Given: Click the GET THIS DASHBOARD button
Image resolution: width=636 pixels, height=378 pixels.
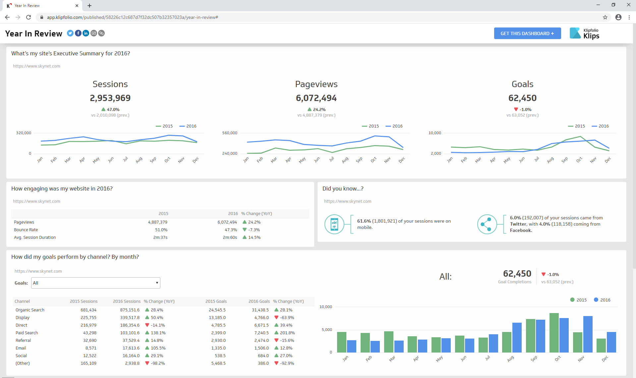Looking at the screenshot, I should click(x=527, y=33).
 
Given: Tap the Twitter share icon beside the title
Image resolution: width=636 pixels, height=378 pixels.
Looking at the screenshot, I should click(x=70, y=33).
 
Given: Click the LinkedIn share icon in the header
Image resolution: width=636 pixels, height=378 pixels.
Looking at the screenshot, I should click(x=86, y=33).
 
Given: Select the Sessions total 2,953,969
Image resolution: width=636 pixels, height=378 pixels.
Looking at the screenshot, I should click(x=110, y=98).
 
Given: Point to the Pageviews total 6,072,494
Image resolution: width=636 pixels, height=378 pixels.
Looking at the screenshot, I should click(x=316, y=98).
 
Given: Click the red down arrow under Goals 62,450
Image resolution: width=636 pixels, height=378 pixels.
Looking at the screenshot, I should click(x=516, y=109).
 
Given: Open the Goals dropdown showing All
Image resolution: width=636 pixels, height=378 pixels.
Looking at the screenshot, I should click(x=95, y=283).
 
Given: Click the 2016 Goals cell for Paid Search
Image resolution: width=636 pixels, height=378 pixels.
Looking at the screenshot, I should click(x=261, y=333).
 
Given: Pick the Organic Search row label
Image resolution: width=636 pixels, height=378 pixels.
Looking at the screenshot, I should click(x=30, y=310).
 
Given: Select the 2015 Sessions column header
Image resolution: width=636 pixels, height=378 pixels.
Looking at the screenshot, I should click(x=84, y=301).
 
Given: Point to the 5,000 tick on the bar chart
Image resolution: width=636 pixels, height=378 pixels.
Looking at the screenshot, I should click(x=327, y=330).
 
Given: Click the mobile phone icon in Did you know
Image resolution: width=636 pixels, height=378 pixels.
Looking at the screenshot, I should click(x=334, y=224).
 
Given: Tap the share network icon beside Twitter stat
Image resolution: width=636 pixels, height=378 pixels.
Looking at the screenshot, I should click(x=487, y=224).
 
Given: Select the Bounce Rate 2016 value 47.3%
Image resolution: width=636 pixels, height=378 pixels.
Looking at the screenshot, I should click(x=231, y=230).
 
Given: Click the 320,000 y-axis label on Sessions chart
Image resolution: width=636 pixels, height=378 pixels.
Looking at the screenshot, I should click(x=24, y=133).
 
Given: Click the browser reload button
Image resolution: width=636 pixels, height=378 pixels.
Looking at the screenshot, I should click(x=29, y=17).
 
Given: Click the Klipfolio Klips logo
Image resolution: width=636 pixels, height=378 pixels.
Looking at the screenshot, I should click(x=585, y=33).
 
